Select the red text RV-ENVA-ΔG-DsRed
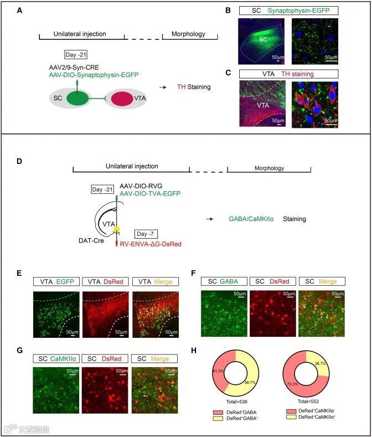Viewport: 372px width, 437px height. (148, 243)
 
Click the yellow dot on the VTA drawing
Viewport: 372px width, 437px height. (117, 229)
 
